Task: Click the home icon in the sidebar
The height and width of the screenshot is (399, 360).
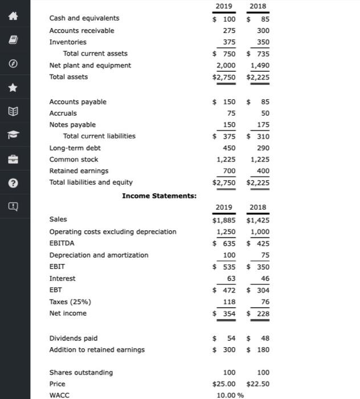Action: [x=15, y=18]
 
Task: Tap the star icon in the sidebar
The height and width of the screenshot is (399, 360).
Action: [x=15, y=89]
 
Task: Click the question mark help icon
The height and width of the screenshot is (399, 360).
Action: [x=15, y=183]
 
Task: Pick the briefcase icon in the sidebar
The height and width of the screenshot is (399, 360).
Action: [x=15, y=160]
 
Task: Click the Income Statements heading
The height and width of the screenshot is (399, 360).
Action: [x=159, y=196]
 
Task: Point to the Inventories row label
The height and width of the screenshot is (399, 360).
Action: [x=68, y=42]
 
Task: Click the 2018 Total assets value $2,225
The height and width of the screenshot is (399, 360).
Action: [x=257, y=77]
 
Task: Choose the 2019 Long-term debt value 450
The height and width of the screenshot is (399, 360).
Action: [x=228, y=148]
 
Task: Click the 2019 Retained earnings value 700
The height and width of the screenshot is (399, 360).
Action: [x=228, y=171]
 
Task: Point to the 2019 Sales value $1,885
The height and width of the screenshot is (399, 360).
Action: [x=224, y=219]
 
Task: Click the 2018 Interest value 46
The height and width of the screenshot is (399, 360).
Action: [x=264, y=279]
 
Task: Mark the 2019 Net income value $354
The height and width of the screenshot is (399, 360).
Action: [x=224, y=313]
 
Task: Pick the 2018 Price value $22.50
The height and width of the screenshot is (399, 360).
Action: [x=258, y=384]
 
